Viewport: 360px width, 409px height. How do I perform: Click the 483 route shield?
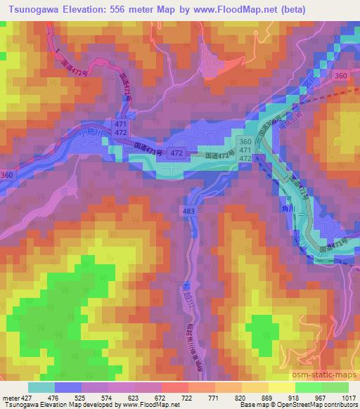(x=188, y=210)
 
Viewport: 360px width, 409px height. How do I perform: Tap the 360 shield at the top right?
(x=341, y=76)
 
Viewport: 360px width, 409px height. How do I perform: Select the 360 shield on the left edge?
(x=6, y=174)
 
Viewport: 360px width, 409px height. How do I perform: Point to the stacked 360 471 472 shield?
(x=245, y=150)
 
